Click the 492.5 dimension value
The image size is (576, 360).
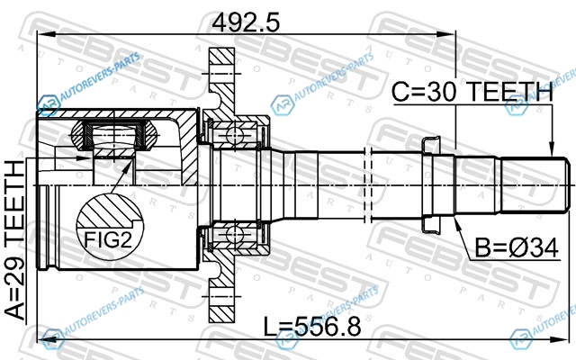point(246,22)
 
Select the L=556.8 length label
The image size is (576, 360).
point(312,327)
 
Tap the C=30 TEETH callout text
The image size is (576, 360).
point(472,92)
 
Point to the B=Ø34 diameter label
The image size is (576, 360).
point(517,248)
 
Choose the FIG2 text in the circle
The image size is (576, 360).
point(108,239)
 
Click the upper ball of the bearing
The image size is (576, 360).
point(235,135)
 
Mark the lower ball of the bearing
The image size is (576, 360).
point(235,234)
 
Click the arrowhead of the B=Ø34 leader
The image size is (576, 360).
point(457,223)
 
